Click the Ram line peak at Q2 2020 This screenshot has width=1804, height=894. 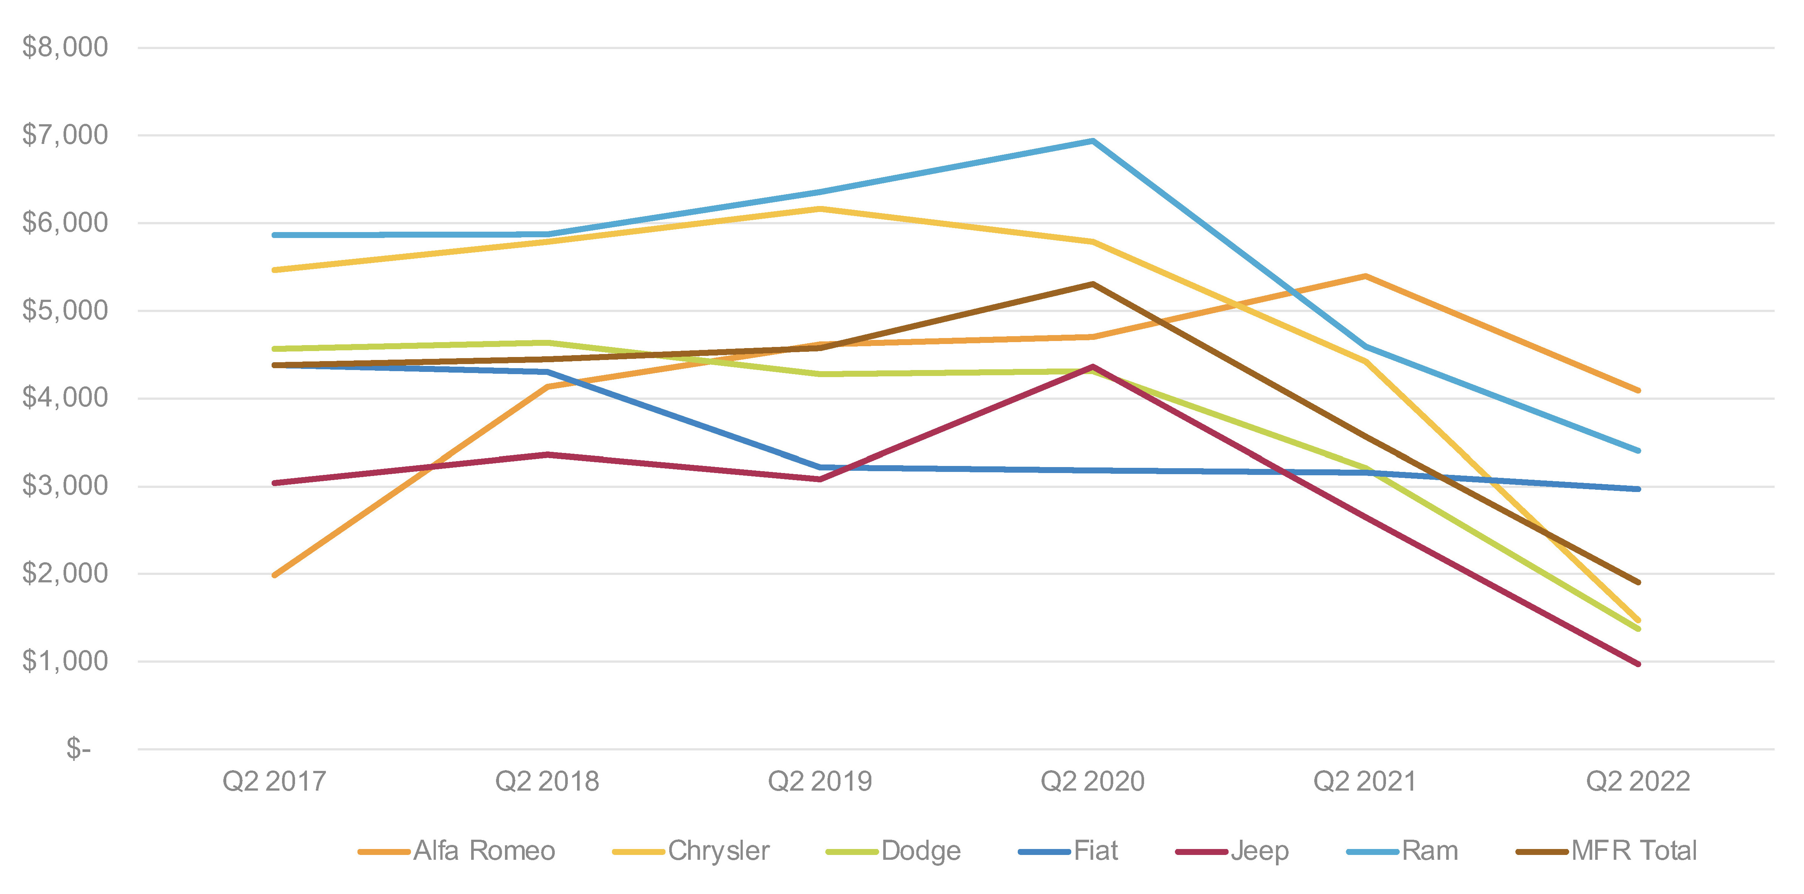click(x=1092, y=141)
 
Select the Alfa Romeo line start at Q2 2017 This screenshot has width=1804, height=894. click(x=275, y=575)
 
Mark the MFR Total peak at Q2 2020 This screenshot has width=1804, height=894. click(x=1092, y=284)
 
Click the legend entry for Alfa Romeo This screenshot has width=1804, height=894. click(x=483, y=850)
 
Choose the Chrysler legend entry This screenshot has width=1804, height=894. click(x=718, y=850)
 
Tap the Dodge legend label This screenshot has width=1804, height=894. click(x=920, y=850)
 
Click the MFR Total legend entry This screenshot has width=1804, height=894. click(x=1633, y=850)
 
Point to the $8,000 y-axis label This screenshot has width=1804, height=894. click(x=65, y=48)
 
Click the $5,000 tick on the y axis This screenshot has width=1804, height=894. click(x=65, y=311)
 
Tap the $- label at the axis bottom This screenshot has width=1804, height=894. click(x=78, y=749)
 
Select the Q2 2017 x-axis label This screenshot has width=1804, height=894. click(x=275, y=781)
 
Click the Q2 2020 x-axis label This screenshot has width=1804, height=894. click(x=1092, y=781)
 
